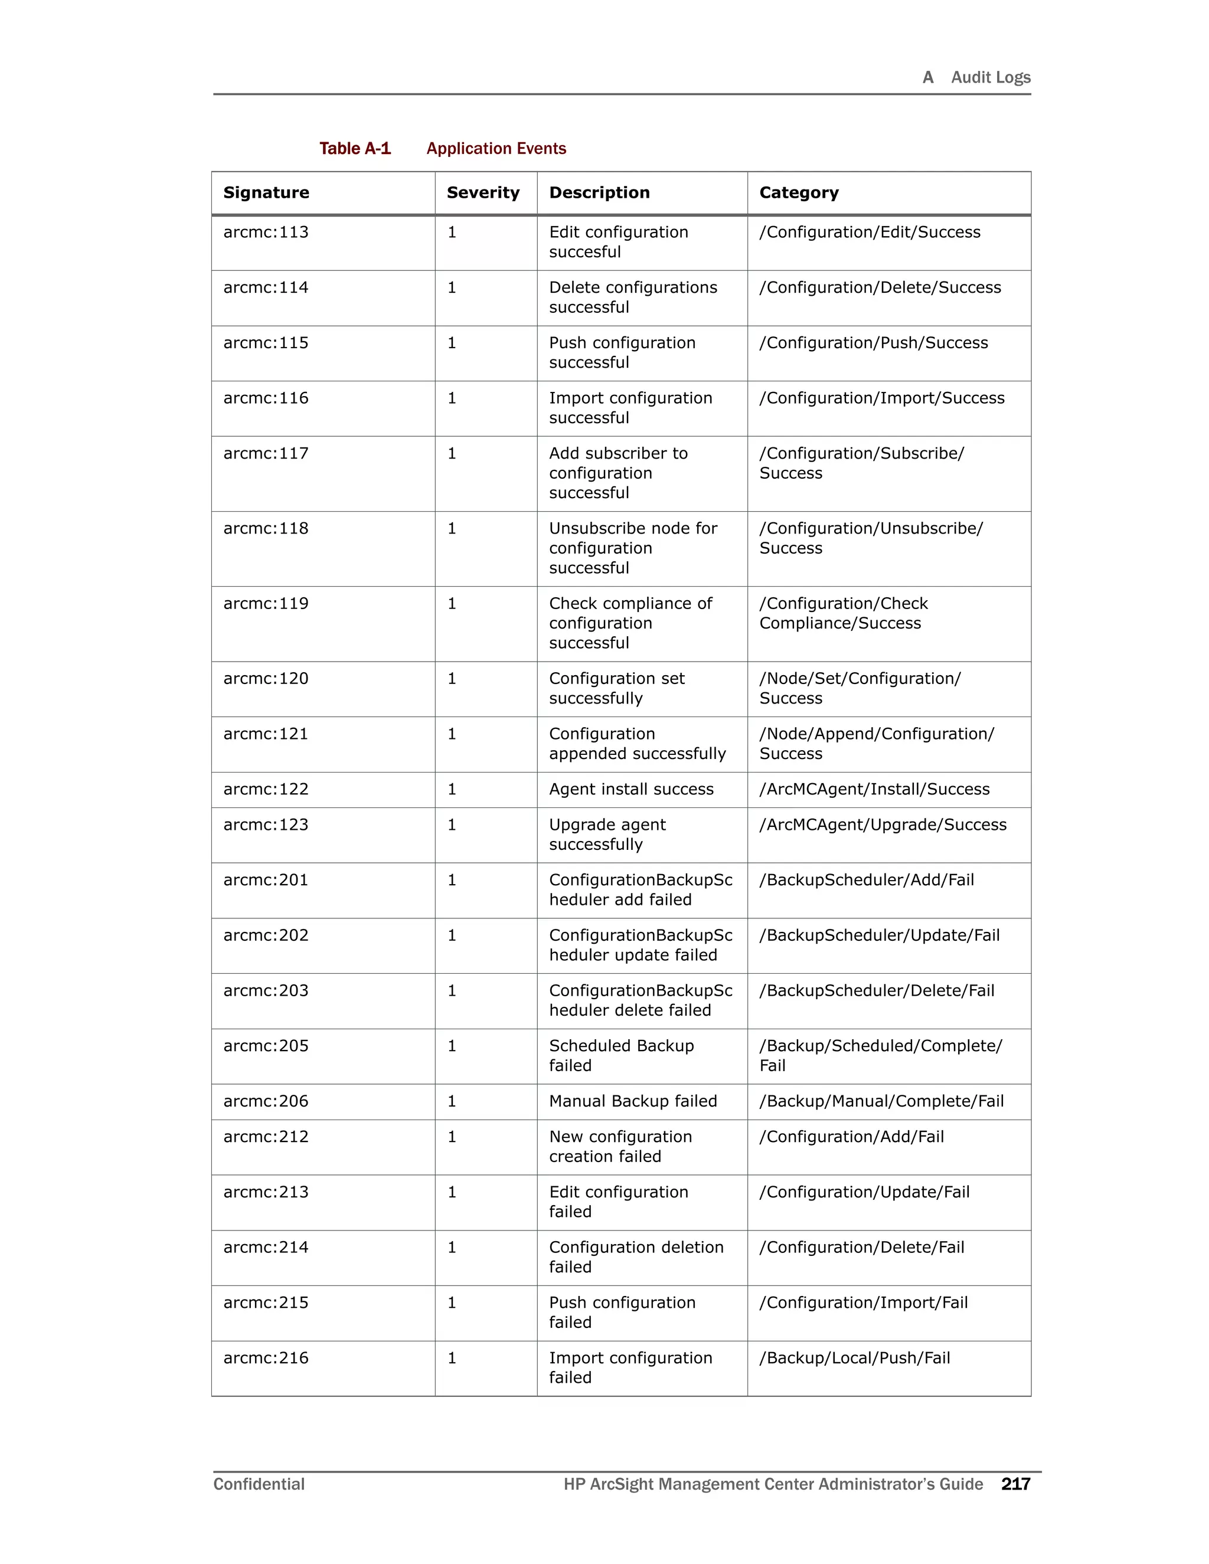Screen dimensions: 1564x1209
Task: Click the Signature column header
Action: click(x=266, y=192)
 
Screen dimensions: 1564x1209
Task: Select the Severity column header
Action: click(x=483, y=192)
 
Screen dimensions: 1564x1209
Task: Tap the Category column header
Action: click(x=799, y=192)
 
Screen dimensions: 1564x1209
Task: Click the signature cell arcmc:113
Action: click(x=266, y=232)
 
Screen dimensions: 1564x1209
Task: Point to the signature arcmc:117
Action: click(x=266, y=453)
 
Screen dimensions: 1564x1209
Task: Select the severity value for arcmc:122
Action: click(x=452, y=789)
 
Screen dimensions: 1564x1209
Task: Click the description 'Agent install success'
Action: click(x=631, y=789)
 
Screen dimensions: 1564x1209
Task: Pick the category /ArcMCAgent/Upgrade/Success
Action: click(x=883, y=825)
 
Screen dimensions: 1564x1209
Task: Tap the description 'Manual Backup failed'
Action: click(x=632, y=1101)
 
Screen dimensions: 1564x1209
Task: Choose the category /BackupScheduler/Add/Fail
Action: click(x=867, y=880)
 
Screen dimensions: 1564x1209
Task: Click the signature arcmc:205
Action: click(x=266, y=1046)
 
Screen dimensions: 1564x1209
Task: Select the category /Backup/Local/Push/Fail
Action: click(x=854, y=1359)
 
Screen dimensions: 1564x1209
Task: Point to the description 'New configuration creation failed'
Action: click(x=620, y=1147)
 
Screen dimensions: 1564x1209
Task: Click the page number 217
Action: click(x=1015, y=1484)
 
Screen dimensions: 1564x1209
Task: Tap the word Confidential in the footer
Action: click(x=259, y=1484)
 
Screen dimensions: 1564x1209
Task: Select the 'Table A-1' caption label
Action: click(x=355, y=149)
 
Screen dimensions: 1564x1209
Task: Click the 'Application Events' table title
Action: click(x=496, y=149)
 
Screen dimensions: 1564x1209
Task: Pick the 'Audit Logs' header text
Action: click(x=990, y=77)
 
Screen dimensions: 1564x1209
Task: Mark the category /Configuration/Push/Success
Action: click(x=873, y=343)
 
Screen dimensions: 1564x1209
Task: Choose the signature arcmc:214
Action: click(x=266, y=1248)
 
